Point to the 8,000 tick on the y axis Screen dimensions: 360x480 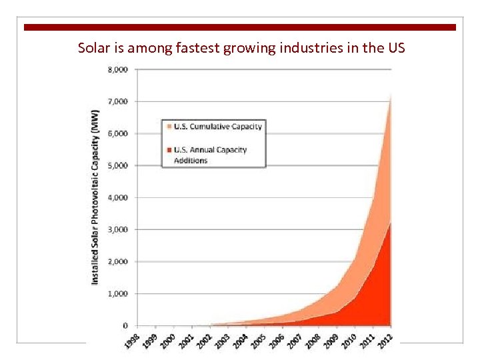click(119, 69)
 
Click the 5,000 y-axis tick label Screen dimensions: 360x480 click(119, 165)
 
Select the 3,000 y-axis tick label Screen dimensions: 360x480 click(119, 229)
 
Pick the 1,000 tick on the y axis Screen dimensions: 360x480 click(119, 293)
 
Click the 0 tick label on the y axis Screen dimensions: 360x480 click(125, 325)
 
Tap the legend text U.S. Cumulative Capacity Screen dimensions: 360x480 click(218, 127)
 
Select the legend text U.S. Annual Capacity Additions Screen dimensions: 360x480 click(210, 155)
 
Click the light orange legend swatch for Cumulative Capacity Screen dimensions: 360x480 click(169, 127)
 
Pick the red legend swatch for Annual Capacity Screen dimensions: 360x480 click(169, 150)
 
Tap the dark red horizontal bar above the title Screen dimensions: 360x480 click(240, 27)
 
